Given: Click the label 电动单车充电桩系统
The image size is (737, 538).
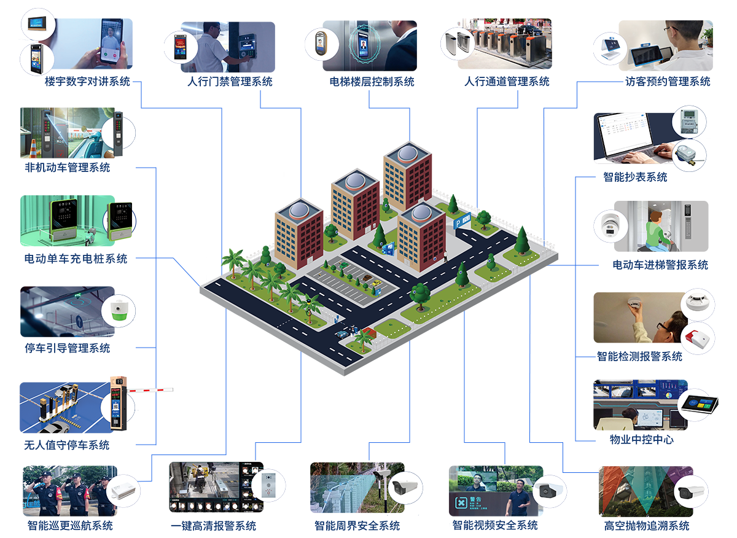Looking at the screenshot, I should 76,259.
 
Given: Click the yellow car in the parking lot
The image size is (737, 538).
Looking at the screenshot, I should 376,285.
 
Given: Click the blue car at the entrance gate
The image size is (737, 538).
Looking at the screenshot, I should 341,334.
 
